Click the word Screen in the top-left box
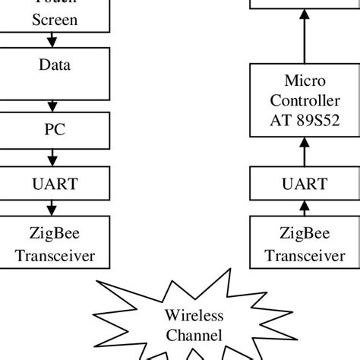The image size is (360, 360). click(55, 20)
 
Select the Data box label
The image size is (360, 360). click(55, 65)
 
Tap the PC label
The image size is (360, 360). click(55, 129)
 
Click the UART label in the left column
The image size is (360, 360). click(55, 183)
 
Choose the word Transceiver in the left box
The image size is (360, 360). click(55, 255)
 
